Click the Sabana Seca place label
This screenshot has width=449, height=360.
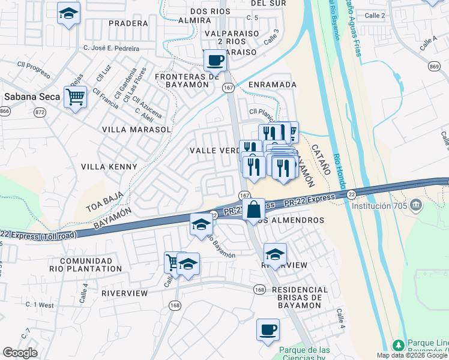pyautogui.click(x=28, y=97)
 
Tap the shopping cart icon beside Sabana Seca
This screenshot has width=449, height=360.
pyautogui.click(x=76, y=97)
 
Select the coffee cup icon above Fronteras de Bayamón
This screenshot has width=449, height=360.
pyautogui.click(x=214, y=60)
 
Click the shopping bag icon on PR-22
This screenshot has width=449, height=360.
pyautogui.click(x=254, y=210)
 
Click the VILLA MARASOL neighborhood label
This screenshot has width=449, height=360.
pyautogui.click(x=137, y=129)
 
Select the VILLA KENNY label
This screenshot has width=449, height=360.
pyautogui.click(x=109, y=166)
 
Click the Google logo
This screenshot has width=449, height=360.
pyautogui.click(x=20, y=352)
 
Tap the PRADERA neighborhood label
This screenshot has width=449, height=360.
pyautogui.click(x=128, y=23)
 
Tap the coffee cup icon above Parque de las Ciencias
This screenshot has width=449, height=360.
pyautogui.click(x=268, y=329)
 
